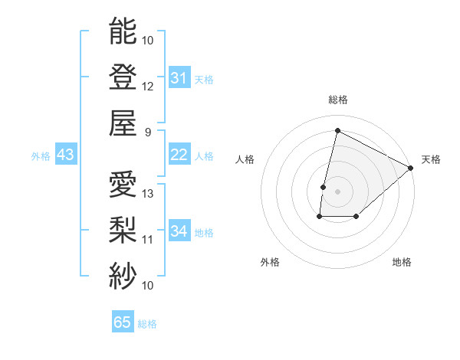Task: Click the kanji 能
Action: pyautogui.click(x=123, y=32)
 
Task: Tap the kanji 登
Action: pyautogui.click(x=123, y=77)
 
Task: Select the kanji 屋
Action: pyautogui.click(x=123, y=123)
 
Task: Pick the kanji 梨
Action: pyautogui.click(x=123, y=230)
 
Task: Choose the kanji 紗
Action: pyautogui.click(x=123, y=275)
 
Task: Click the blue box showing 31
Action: pyautogui.click(x=179, y=78)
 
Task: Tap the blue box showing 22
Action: pyautogui.click(x=179, y=155)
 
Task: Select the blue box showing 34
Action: pyautogui.click(x=179, y=231)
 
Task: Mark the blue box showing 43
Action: pyautogui.click(x=65, y=155)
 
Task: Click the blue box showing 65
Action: pyautogui.click(x=123, y=322)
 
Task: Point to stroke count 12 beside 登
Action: pyautogui.click(x=148, y=86)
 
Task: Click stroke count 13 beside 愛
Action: pyautogui.click(x=148, y=193)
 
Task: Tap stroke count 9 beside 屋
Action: pyautogui.click(x=148, y=132)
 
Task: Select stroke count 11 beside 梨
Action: pyautogui.click(x=148, y=239)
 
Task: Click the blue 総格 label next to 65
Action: pyautogui.click(x=147, y=324)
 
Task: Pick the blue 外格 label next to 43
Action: pyautogui.click(x=41, y=156)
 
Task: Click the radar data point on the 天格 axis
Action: pyautogui.click(x=412, y=168)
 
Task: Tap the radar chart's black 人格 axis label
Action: pyautogui.click(x=245, y=159)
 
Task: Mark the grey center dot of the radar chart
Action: pyautogui.click(x=337, y=191)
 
